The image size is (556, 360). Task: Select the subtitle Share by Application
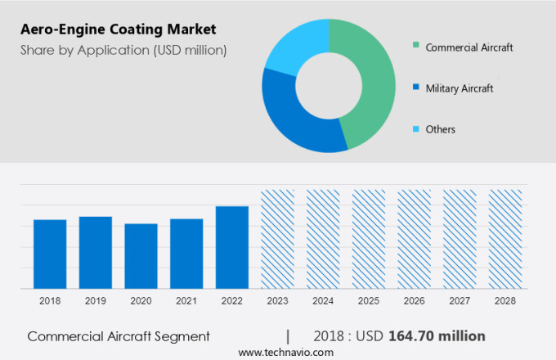coord(123,51)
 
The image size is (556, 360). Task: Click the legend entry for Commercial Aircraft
coord(469,47)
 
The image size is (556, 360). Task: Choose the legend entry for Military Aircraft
coord(459,88)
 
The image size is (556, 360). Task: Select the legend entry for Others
coord(440,129)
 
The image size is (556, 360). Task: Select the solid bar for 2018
coord(50,254)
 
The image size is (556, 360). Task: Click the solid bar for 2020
coord(141,256)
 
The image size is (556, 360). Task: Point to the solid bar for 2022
coord(232,247)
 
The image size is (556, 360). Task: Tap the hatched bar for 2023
coord(277,239)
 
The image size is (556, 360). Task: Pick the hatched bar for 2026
coord(414,239)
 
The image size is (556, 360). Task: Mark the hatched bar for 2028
coord(504,239)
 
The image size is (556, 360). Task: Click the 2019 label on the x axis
coord(96,301)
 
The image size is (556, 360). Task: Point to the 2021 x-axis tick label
coord(186,301)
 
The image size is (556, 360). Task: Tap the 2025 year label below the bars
coord(368,301)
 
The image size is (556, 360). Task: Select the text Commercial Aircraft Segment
coord(119,336)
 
